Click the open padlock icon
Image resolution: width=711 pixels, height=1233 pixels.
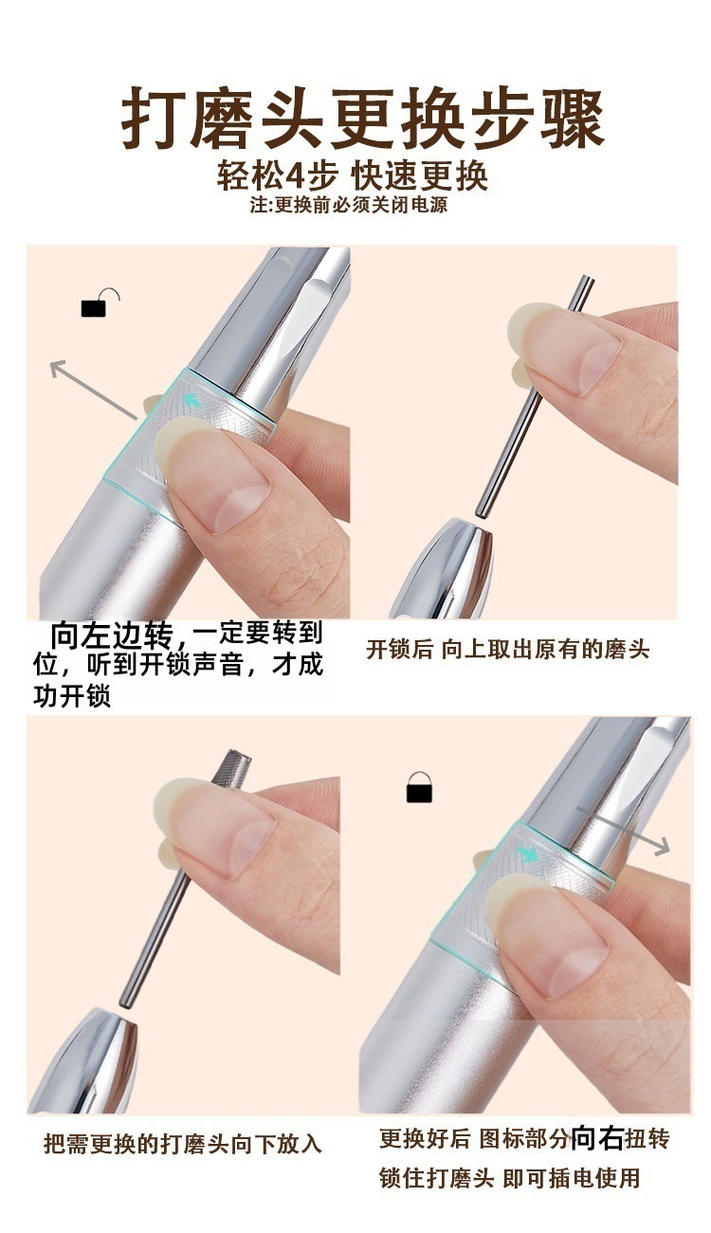click(x=100, y=304)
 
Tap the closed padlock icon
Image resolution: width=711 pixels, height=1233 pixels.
click(x=419, y=786)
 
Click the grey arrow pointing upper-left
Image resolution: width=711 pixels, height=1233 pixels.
click(x=93, y=388)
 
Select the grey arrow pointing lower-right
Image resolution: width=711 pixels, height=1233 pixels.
click(x=623, y=829)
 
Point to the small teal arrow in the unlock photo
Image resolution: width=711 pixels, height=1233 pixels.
click(x=192, y=399)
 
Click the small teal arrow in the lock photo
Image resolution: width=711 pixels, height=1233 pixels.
click(x=528, y=854)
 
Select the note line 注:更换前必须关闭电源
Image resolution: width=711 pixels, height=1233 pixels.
click(x=349, y=205)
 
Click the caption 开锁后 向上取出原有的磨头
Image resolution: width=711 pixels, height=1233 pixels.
click(x=507, y=650)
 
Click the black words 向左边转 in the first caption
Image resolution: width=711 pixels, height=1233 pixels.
click(x=112, y=635)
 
